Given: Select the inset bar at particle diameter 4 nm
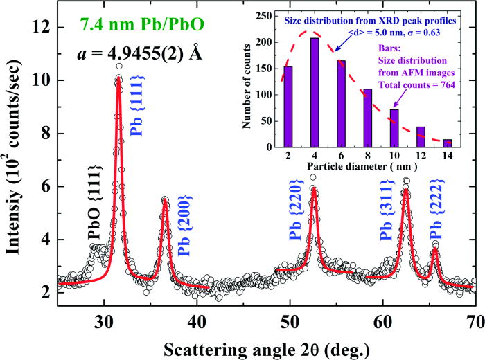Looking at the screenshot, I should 295,93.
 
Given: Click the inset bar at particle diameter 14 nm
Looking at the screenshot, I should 447,143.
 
